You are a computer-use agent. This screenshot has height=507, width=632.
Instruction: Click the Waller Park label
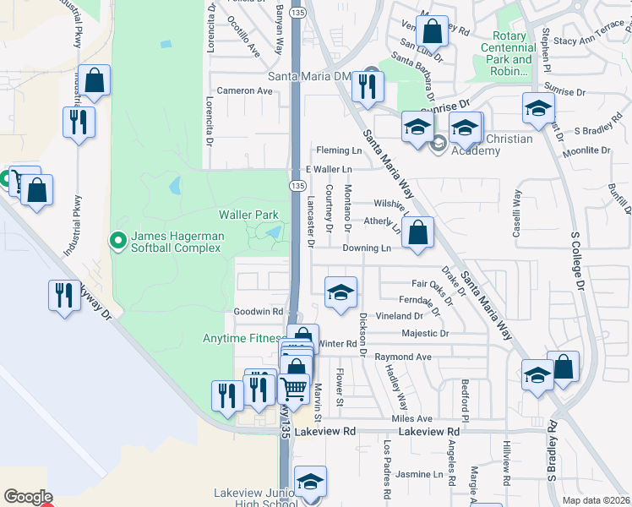pos(248,215)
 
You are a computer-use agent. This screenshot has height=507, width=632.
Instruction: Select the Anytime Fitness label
pos(241,339)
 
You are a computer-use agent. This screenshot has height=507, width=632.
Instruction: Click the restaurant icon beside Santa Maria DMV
pos(368,86)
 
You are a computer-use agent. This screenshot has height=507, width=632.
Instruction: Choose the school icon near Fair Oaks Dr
pos(341,292)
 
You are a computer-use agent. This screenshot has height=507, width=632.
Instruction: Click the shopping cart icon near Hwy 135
pos(293,390)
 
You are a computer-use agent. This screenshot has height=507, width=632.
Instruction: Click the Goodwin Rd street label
pos(258,312)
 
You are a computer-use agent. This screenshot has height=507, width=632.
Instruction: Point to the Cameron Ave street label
pos(242,90)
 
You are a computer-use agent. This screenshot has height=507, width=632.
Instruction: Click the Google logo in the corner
pos(28,497)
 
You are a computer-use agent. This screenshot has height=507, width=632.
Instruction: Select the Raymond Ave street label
pos(403,357)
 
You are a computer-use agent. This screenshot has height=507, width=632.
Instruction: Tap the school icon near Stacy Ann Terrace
pos(538,108)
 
